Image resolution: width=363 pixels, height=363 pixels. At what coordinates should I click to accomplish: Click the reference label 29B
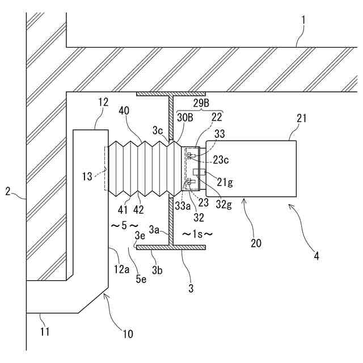[201, 103]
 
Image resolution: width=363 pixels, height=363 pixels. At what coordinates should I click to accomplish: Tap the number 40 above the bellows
[124, 111]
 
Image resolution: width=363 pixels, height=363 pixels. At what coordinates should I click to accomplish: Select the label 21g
[225, 182]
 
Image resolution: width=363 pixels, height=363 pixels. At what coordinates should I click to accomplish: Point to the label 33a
[183, 206]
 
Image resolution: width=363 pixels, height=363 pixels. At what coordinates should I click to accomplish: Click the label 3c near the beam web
[158, 131]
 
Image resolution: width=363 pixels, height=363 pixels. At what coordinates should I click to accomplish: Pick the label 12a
[121, 269]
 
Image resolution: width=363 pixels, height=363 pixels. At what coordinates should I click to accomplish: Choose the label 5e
[141, 279]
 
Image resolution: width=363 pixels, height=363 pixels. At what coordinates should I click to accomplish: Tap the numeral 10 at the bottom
[127, 334]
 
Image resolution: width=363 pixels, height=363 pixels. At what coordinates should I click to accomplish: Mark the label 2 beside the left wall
[8, 192]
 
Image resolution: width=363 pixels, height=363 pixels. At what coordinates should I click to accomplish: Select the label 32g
[224, 204]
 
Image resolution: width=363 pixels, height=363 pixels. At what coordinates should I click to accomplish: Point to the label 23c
[221, 160]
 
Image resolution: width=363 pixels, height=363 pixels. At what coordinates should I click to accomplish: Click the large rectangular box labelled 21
[251, 169]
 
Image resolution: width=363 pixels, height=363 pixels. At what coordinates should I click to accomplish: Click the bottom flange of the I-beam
[171, 247]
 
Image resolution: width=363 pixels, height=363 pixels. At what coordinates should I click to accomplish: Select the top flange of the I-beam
[171, 94]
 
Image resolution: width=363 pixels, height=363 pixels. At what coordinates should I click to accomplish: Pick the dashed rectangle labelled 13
[107, 168]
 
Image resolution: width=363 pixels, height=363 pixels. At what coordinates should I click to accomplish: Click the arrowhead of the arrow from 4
[289, 205]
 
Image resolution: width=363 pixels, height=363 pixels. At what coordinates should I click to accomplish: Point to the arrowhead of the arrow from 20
[243, 200]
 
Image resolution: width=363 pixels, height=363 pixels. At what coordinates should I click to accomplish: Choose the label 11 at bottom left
[45, 332]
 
